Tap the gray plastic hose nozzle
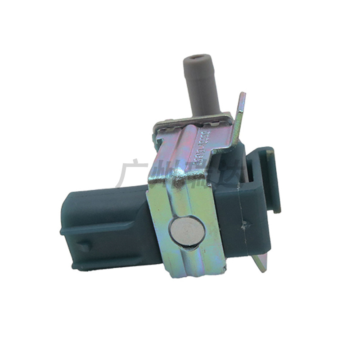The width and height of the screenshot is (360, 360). tap(202, 85)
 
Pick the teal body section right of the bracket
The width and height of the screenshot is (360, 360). tap(247, 211)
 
